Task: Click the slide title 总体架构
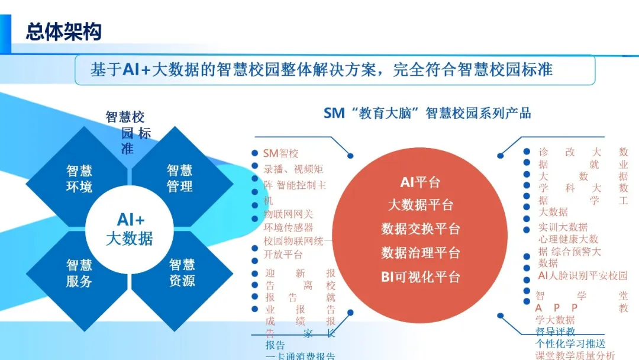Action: (x=63, y=32)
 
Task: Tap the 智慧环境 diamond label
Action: (x=79, y=179)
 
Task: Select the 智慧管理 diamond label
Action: (x=179, y=179)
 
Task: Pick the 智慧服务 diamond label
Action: (x=79, y=273)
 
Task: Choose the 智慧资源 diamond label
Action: (x=182, y=273)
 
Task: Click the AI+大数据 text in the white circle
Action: (x=130, y=229)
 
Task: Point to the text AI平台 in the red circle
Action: (x=420, y=182)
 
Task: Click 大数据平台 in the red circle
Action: (x=420, y=205)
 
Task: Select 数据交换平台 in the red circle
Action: (x=420, y=229)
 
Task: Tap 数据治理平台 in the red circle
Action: (x=420, y=253)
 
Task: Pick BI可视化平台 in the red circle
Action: (x=420, y=277)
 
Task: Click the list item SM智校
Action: (x=281, y=154)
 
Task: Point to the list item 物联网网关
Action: (x=288, y=214)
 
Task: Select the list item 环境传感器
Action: (x=288, y=227)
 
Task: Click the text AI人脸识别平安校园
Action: (x=582, y=276)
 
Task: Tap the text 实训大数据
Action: (x=563, y=227)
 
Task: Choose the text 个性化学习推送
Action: (x=570, y=343)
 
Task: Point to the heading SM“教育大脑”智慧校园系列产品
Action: (x=427, y=113)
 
